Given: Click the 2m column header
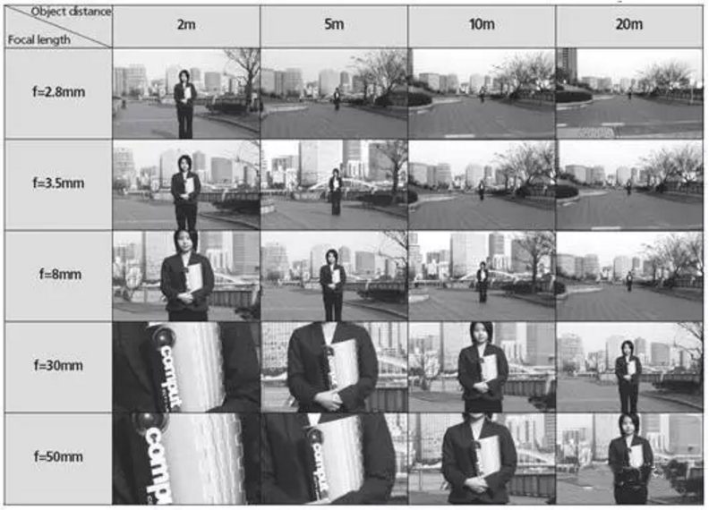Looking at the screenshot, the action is [186, 24].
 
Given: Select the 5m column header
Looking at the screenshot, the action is [334, 24].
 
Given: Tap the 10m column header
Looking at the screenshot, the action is [482, 24].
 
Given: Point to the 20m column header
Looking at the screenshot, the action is [629, 24].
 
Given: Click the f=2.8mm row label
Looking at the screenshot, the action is [58, 92].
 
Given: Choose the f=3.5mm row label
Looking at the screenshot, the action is [58, 183].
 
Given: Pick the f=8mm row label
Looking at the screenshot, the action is [60, 275].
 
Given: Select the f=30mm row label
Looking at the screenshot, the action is [58, 365].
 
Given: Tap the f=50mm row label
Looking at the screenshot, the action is [58, 456].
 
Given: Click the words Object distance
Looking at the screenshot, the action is [71, 12].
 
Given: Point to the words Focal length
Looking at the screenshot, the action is [38, 39].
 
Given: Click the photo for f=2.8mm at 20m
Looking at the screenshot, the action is [629, 93].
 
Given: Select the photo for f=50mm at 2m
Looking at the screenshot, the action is [186, 458].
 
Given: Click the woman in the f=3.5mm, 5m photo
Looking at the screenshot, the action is [335, 192].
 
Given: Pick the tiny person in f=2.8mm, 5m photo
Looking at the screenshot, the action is [337, 99].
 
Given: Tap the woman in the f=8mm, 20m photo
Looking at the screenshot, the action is [629, 281].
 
